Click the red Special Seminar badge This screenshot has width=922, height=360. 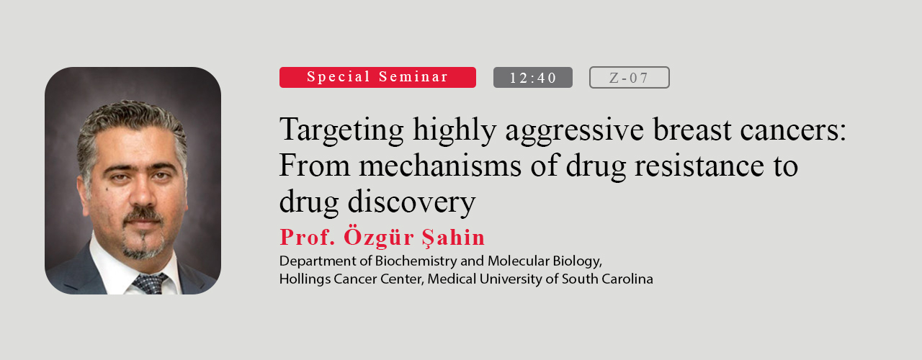coord(377,77)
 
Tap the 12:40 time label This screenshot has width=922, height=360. coord(532,77)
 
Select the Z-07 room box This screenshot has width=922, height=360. coord(630,77)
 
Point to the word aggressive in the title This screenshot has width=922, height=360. coord(574,130)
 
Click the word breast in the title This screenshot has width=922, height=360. coord(692,130)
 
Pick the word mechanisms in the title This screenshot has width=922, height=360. coord(440,166)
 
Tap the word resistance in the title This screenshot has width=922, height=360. coord(699,166)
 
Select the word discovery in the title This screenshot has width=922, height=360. coord(411,202)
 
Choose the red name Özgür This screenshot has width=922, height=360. coord(379,237)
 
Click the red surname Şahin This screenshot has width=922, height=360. coord(453,238)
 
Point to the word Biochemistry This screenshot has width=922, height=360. coord(416,261)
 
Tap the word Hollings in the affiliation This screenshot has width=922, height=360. coord(305,279)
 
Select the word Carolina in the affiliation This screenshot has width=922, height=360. coord(627,279)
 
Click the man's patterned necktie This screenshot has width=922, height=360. coord(151,284)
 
